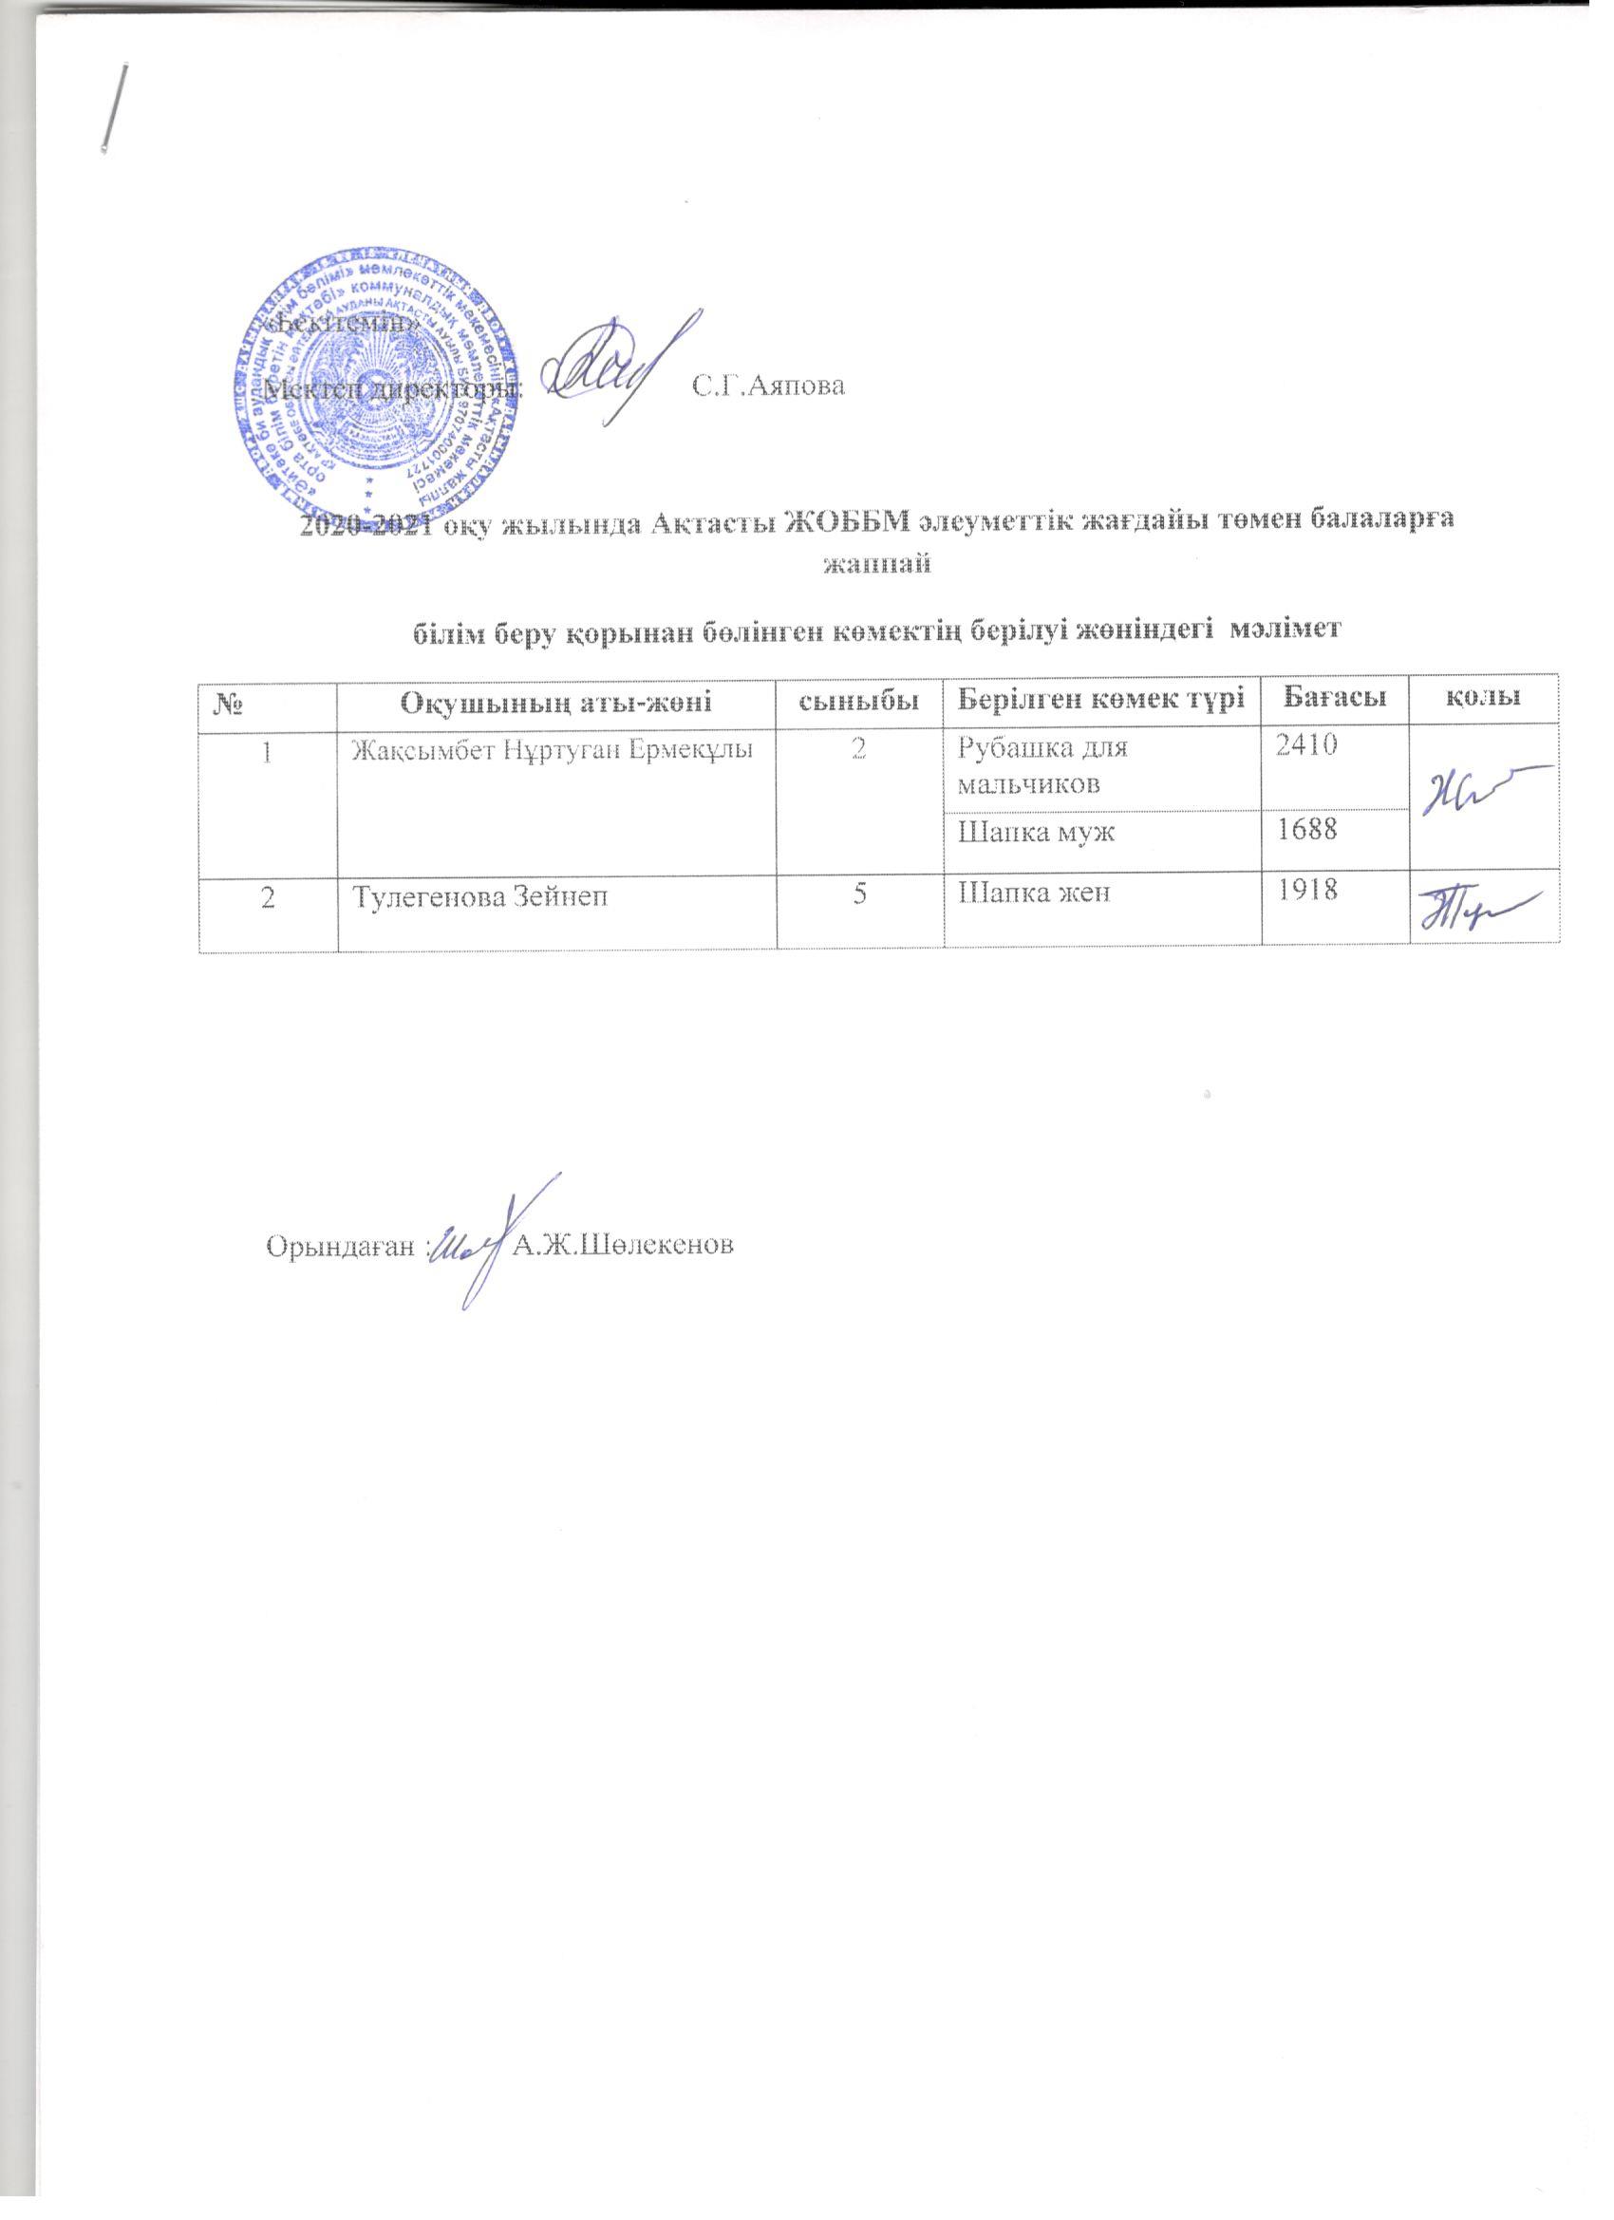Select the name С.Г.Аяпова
tap(768, 386)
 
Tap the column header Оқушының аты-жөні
tap(556, 700)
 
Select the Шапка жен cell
tap(1033, 893)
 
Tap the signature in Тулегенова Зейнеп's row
tap(1479, 909)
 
